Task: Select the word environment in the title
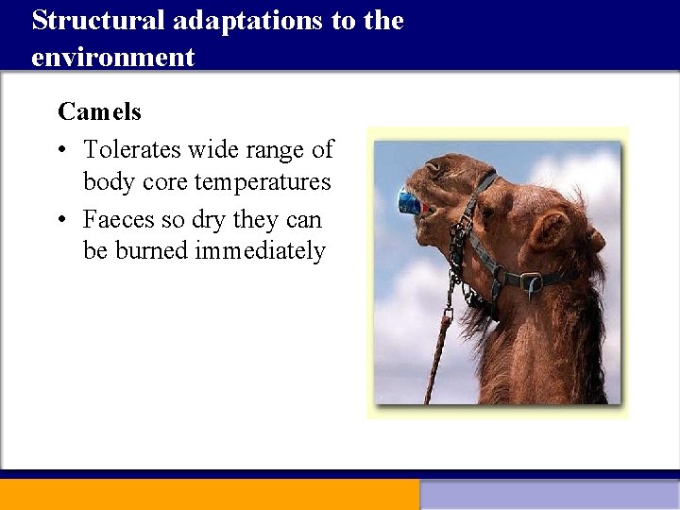click(112, 57)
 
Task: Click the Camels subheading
click(99, 111)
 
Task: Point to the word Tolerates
click(132, 149)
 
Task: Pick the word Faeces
click(118, 219)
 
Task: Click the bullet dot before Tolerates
click(61, 150)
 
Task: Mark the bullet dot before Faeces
click(61, 220)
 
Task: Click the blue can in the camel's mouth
click(409, 201)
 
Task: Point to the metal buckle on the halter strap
click(531, 280)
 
